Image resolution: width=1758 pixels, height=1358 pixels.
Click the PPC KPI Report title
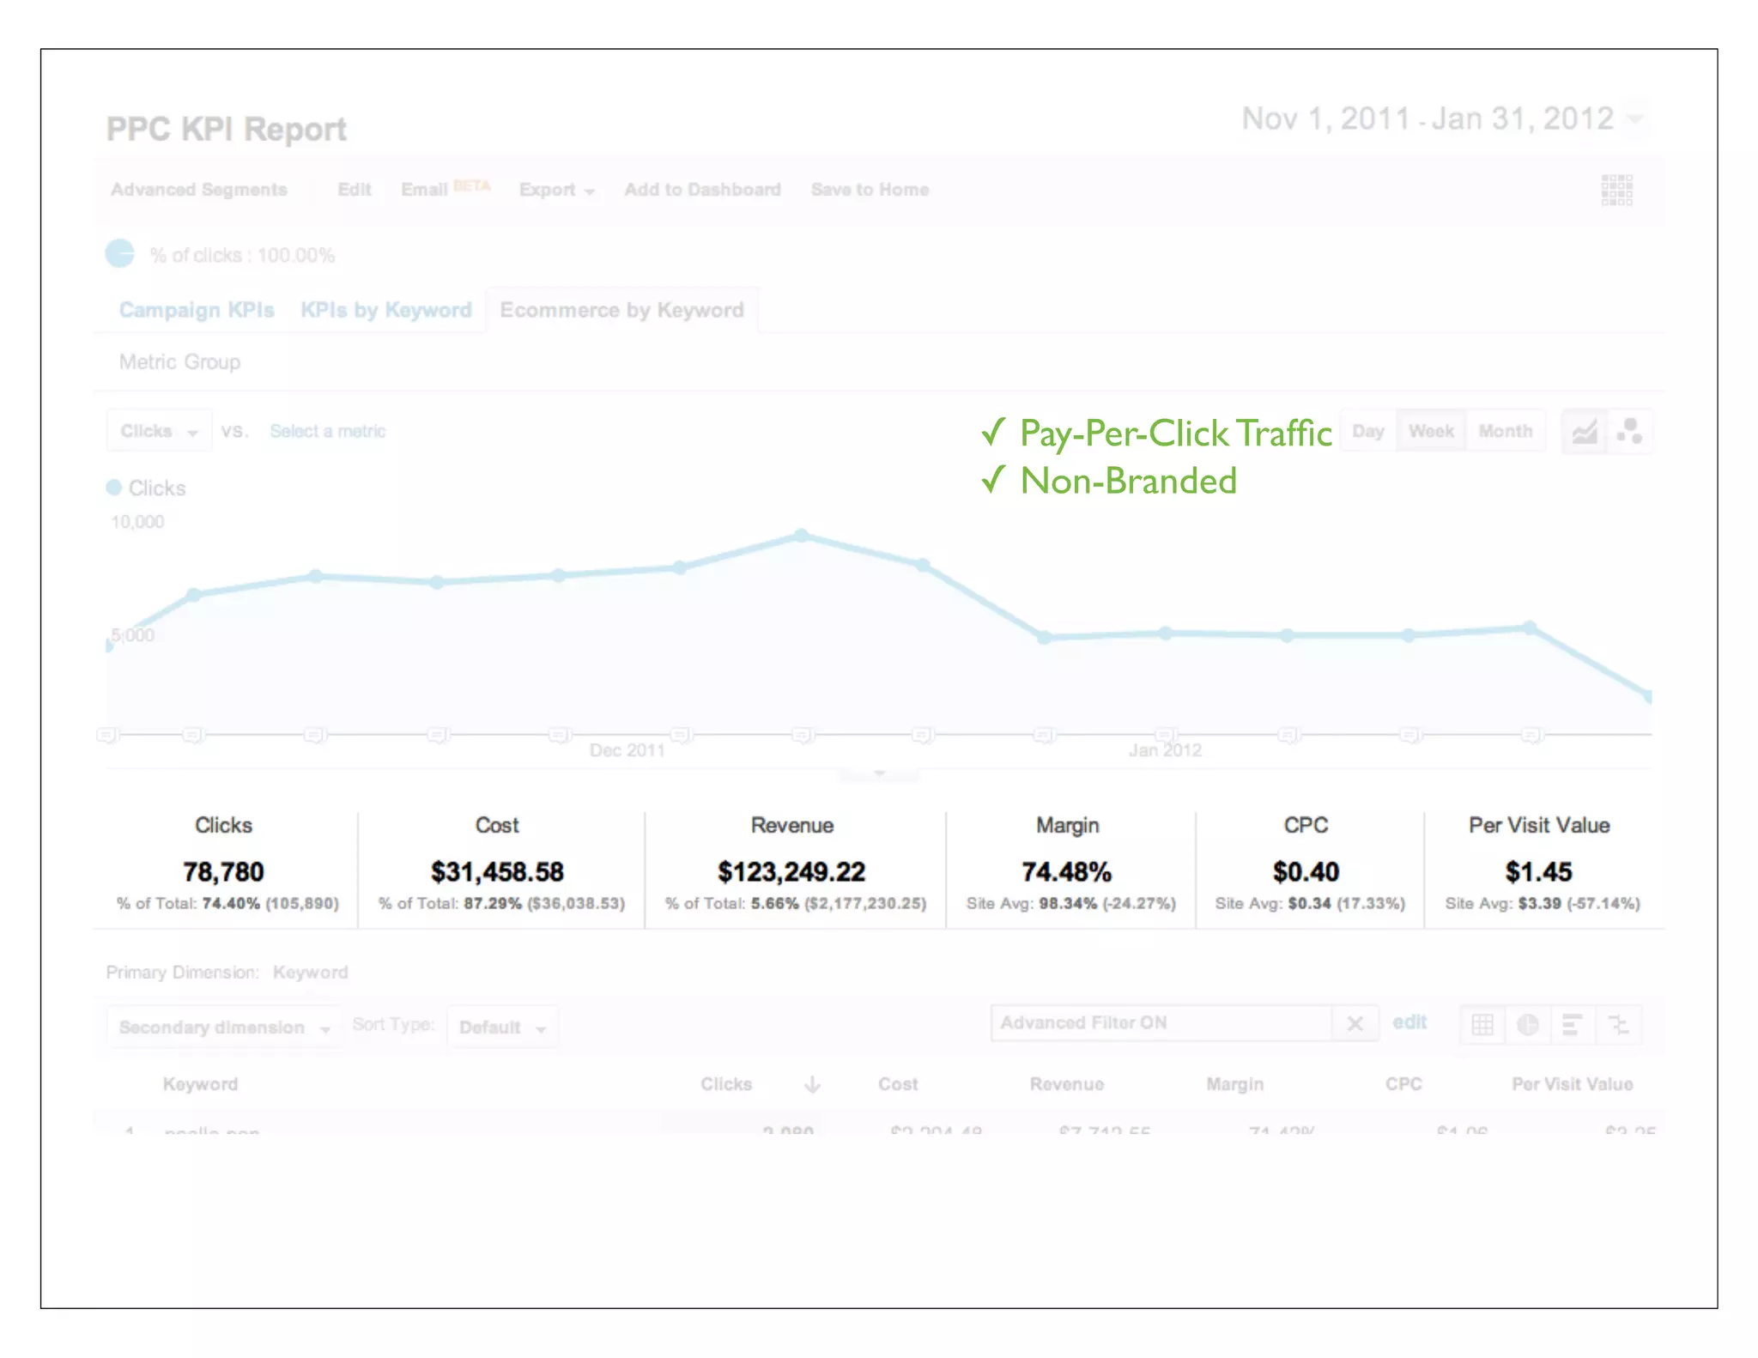pyautogui.click(x=226, y=130)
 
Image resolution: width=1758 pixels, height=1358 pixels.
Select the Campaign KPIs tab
pyautogui.click(x=197, y=310)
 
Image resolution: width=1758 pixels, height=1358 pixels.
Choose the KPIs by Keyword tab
pyautogui.click(x=385, y=310)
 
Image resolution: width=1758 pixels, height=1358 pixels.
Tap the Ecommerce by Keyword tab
pyautogui.click(x=621, y=310)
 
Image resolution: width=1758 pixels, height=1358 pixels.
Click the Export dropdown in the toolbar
pyautogui.click(x=556, y=190)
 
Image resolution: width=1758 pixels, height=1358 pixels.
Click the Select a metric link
pyautogui.click(x=327, y=431)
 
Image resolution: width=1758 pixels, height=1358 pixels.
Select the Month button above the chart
pyautogui.click(x=1505, y=431)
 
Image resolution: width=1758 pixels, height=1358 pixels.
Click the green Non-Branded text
pyautogui.click(x=1127, y=481)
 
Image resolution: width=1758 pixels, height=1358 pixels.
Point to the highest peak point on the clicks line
pyautogui.click(x=801, y=536)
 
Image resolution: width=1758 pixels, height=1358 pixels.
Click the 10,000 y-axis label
pyautogui.click(x=137, y=522)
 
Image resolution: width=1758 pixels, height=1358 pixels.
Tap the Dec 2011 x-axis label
pyautogui.click(x=627, y=750)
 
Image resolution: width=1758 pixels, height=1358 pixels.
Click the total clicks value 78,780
pyautogui.click(x=223, y=872)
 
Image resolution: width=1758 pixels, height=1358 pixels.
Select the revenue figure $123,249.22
pyautogui.click(x=791, y=872)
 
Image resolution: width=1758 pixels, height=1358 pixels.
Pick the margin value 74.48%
pyautogui.click(x=1066, y=872)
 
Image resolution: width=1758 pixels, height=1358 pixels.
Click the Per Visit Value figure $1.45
pyautogui.click(x=1538, y=872)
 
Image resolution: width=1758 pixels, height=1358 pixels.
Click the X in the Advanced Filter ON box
pyautogui.click(x=1355, y=1023)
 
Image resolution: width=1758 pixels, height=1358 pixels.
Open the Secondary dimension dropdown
pyautogui.click(x=223, y=1028)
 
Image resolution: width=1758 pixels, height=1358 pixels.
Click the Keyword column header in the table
pyautogui.click(x=200, y=1084)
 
